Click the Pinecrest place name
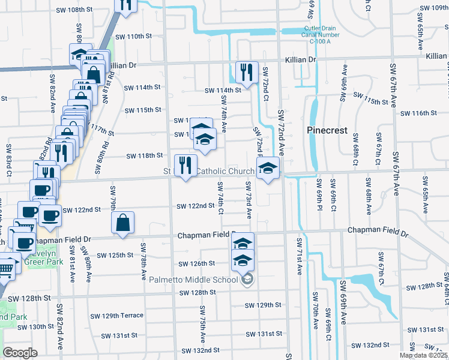(x=327, y=130)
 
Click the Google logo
(x=20, y=353)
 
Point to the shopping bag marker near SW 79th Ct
(x=122, y=223)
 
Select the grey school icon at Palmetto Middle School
(x=247, y=280)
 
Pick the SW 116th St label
(x=418, y=113)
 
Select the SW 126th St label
(x=197, y=264)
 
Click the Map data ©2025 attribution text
(x=424, y=355)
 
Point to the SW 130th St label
(x=35, y=327)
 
